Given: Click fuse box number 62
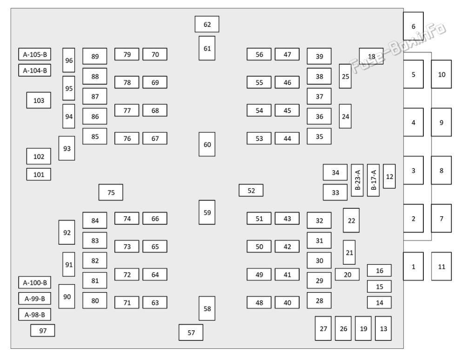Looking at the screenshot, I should coord(207,24).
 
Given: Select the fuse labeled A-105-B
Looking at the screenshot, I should coord(35,54).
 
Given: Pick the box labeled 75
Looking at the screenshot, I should coord(111,193).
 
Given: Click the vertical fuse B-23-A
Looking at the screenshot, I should coord(357,180).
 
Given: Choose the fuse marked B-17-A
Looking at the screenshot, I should coord(373,180).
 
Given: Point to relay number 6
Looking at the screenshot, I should coord(413,26).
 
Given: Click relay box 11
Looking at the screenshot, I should coord(441,267).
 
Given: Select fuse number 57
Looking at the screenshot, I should coord(191,332).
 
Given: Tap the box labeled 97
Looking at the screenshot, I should coord(43,330).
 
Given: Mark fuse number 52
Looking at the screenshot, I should coord(251,190).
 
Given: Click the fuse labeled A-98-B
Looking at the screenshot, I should coord(35,314).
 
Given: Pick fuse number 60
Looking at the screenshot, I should coord(207,144).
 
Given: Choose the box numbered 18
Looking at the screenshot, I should coord(371,56).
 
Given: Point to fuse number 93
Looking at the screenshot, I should coord(67,148).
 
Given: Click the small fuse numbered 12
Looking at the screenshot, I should coord(389,176).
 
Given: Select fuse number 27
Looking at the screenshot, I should coord(323,328).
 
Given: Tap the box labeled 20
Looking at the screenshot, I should coord(347,274).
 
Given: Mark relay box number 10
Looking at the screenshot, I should coord(441,74).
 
